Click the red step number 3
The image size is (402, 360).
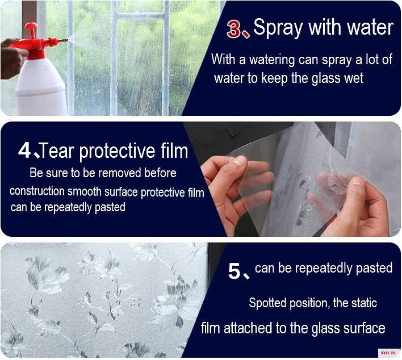(235, 29)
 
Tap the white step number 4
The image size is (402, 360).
(24, 150)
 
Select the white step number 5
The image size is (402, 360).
(235, 271)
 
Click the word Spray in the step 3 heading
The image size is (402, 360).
(278, 28)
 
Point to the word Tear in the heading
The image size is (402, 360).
(57, 151)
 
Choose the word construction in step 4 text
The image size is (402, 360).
(37, 191)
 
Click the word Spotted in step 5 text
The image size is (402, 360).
(267, 303)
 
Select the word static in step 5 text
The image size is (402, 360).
(364, 303)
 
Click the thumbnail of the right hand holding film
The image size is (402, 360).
(356, 180)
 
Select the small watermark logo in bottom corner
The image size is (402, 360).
(389, 353)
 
